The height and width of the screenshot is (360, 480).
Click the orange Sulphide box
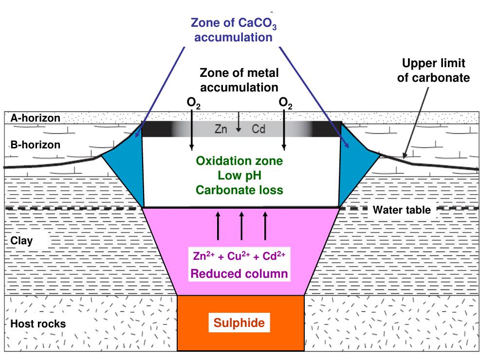click(x=240, y=323)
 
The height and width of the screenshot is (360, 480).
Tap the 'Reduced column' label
click(x=239, y=274)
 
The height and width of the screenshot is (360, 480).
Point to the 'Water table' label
click(x=394, y=210)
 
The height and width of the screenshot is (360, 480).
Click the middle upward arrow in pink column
click(x=241, y=225)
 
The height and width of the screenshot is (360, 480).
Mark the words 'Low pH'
click(x=239, y=175)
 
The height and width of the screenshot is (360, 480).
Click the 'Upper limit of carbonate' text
click(x=433, y=71)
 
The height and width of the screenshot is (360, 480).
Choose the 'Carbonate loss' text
click(x=239, y=190)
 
